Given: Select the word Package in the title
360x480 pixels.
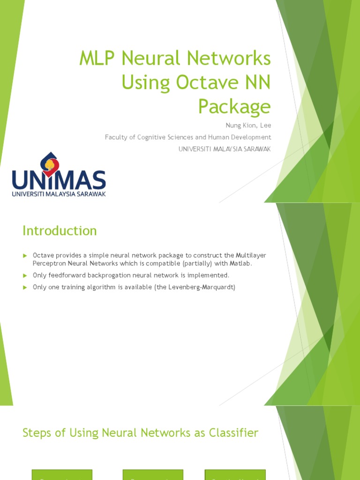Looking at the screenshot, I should tap(234, 106).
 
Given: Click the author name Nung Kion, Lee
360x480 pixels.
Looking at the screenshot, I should tap(248, 126).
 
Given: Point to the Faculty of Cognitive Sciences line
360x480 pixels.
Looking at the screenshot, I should tap(188, 137).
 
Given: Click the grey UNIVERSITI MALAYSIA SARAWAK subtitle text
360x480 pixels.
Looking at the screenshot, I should tap(225, 149).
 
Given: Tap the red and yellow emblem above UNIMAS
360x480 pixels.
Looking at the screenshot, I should tap(50, 163).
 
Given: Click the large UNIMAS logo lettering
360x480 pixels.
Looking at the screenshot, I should tap(59, 180).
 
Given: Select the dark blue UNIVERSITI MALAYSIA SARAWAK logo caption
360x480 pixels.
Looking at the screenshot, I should tap(59, 194).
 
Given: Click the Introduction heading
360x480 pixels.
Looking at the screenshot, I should tap(60, 231).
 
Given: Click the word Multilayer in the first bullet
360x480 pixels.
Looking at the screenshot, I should tap(251, 255).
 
